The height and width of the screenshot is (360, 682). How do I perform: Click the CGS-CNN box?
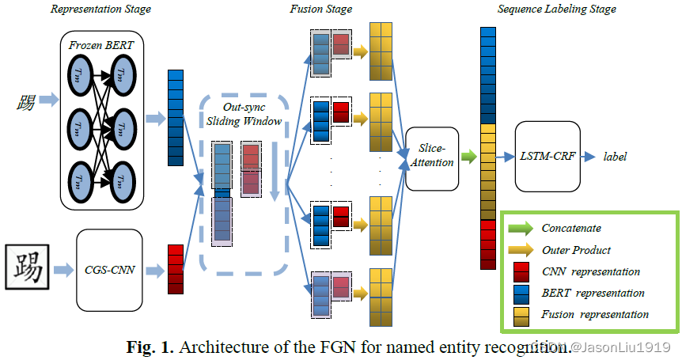click(110, 270)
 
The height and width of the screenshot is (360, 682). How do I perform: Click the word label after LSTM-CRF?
click(615, 157)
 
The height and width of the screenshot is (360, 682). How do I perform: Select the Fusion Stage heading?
click(321, 9)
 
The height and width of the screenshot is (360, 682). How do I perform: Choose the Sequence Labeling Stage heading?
click(556, 9)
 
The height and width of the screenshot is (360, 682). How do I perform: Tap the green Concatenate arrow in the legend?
click(520, 229)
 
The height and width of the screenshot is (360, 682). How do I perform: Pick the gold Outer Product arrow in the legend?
click(520, 250)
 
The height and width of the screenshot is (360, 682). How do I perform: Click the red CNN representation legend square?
click(521, 271)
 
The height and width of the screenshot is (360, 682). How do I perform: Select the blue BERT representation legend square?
click(521, 293)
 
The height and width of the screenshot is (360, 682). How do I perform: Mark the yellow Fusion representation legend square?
click(521, 314)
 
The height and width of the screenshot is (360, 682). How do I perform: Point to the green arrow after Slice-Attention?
click(469, 157)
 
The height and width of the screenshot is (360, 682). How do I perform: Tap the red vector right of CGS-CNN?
click(176, 270)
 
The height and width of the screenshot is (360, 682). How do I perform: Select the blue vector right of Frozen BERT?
click(176, 118)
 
